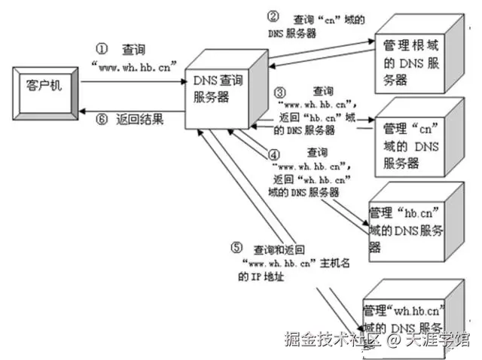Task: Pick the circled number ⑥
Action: click(103, 118)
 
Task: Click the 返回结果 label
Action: click(140, 119)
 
